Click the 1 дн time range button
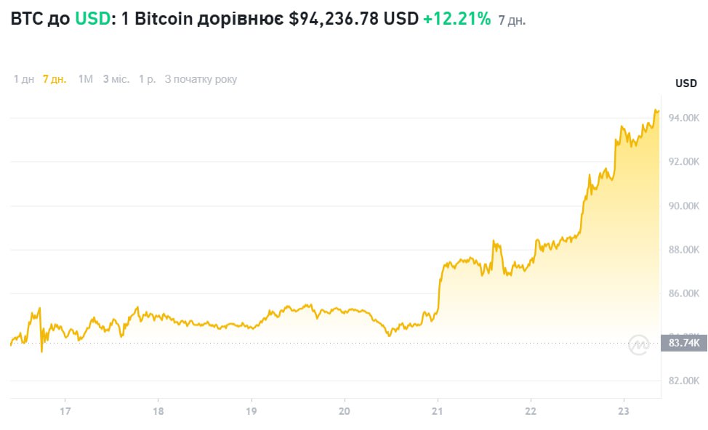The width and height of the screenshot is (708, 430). (x=24, y=79)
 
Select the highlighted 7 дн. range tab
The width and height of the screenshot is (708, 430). (x=55, y=79)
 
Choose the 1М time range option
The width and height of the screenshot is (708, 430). (x=86, y=79)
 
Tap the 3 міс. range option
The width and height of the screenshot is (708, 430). (x=116, y=79)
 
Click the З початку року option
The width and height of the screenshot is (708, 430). (x=201, y=79)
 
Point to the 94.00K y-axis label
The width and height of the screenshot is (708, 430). (x=685, y=118)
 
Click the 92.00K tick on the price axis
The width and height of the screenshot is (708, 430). (x=685, y=162)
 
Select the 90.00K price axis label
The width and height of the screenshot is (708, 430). (x=685, y=206)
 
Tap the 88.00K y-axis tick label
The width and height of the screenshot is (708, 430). (x=685, y=250)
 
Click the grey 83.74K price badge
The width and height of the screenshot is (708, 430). (x=683, y=344)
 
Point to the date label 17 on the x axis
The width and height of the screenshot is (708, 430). (x=65, y=411)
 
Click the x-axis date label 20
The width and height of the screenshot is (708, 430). (x=345, y=411)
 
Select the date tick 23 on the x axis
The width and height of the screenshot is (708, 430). (x=624, y=411)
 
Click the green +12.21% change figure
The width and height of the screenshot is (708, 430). (x=457, y=19)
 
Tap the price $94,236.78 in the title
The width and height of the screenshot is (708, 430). (x=334, y=19)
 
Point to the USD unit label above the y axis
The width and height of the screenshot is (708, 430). (x=686, y=84)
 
